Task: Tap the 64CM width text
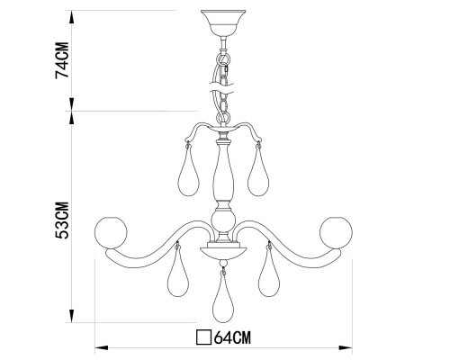(x=234, y=339)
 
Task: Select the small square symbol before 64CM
(x=203, y=339)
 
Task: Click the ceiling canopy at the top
(x=220, y=20)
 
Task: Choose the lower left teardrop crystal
(x=177, y=276)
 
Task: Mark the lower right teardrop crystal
(x=266, y=276)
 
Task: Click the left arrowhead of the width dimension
(x=98, y=346)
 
